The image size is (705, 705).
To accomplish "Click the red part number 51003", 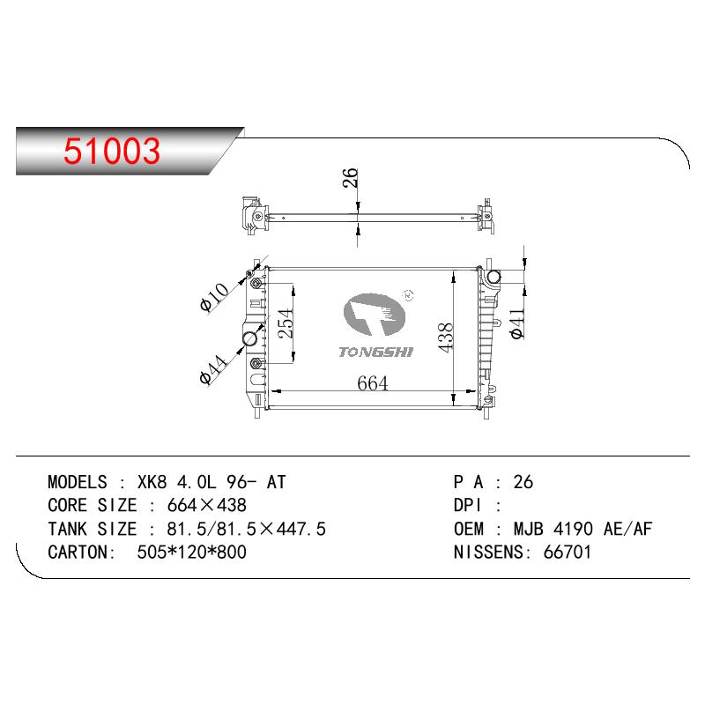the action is pos(112,151).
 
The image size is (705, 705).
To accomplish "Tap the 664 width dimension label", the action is pos(372,383).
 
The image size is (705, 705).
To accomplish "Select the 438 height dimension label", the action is pos(445,338).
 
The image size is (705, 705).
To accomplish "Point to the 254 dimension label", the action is pos(285,323).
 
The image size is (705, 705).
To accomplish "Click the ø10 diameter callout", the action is pos(214,297).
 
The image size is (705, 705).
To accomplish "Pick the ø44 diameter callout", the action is pos(213,369).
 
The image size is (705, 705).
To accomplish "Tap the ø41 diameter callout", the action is pos(516,323).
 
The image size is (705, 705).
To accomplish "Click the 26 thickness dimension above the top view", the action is pos(350,178).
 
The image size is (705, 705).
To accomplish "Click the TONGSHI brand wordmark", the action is pos(376,352).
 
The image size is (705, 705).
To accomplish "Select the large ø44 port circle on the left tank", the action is pos(250,338).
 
